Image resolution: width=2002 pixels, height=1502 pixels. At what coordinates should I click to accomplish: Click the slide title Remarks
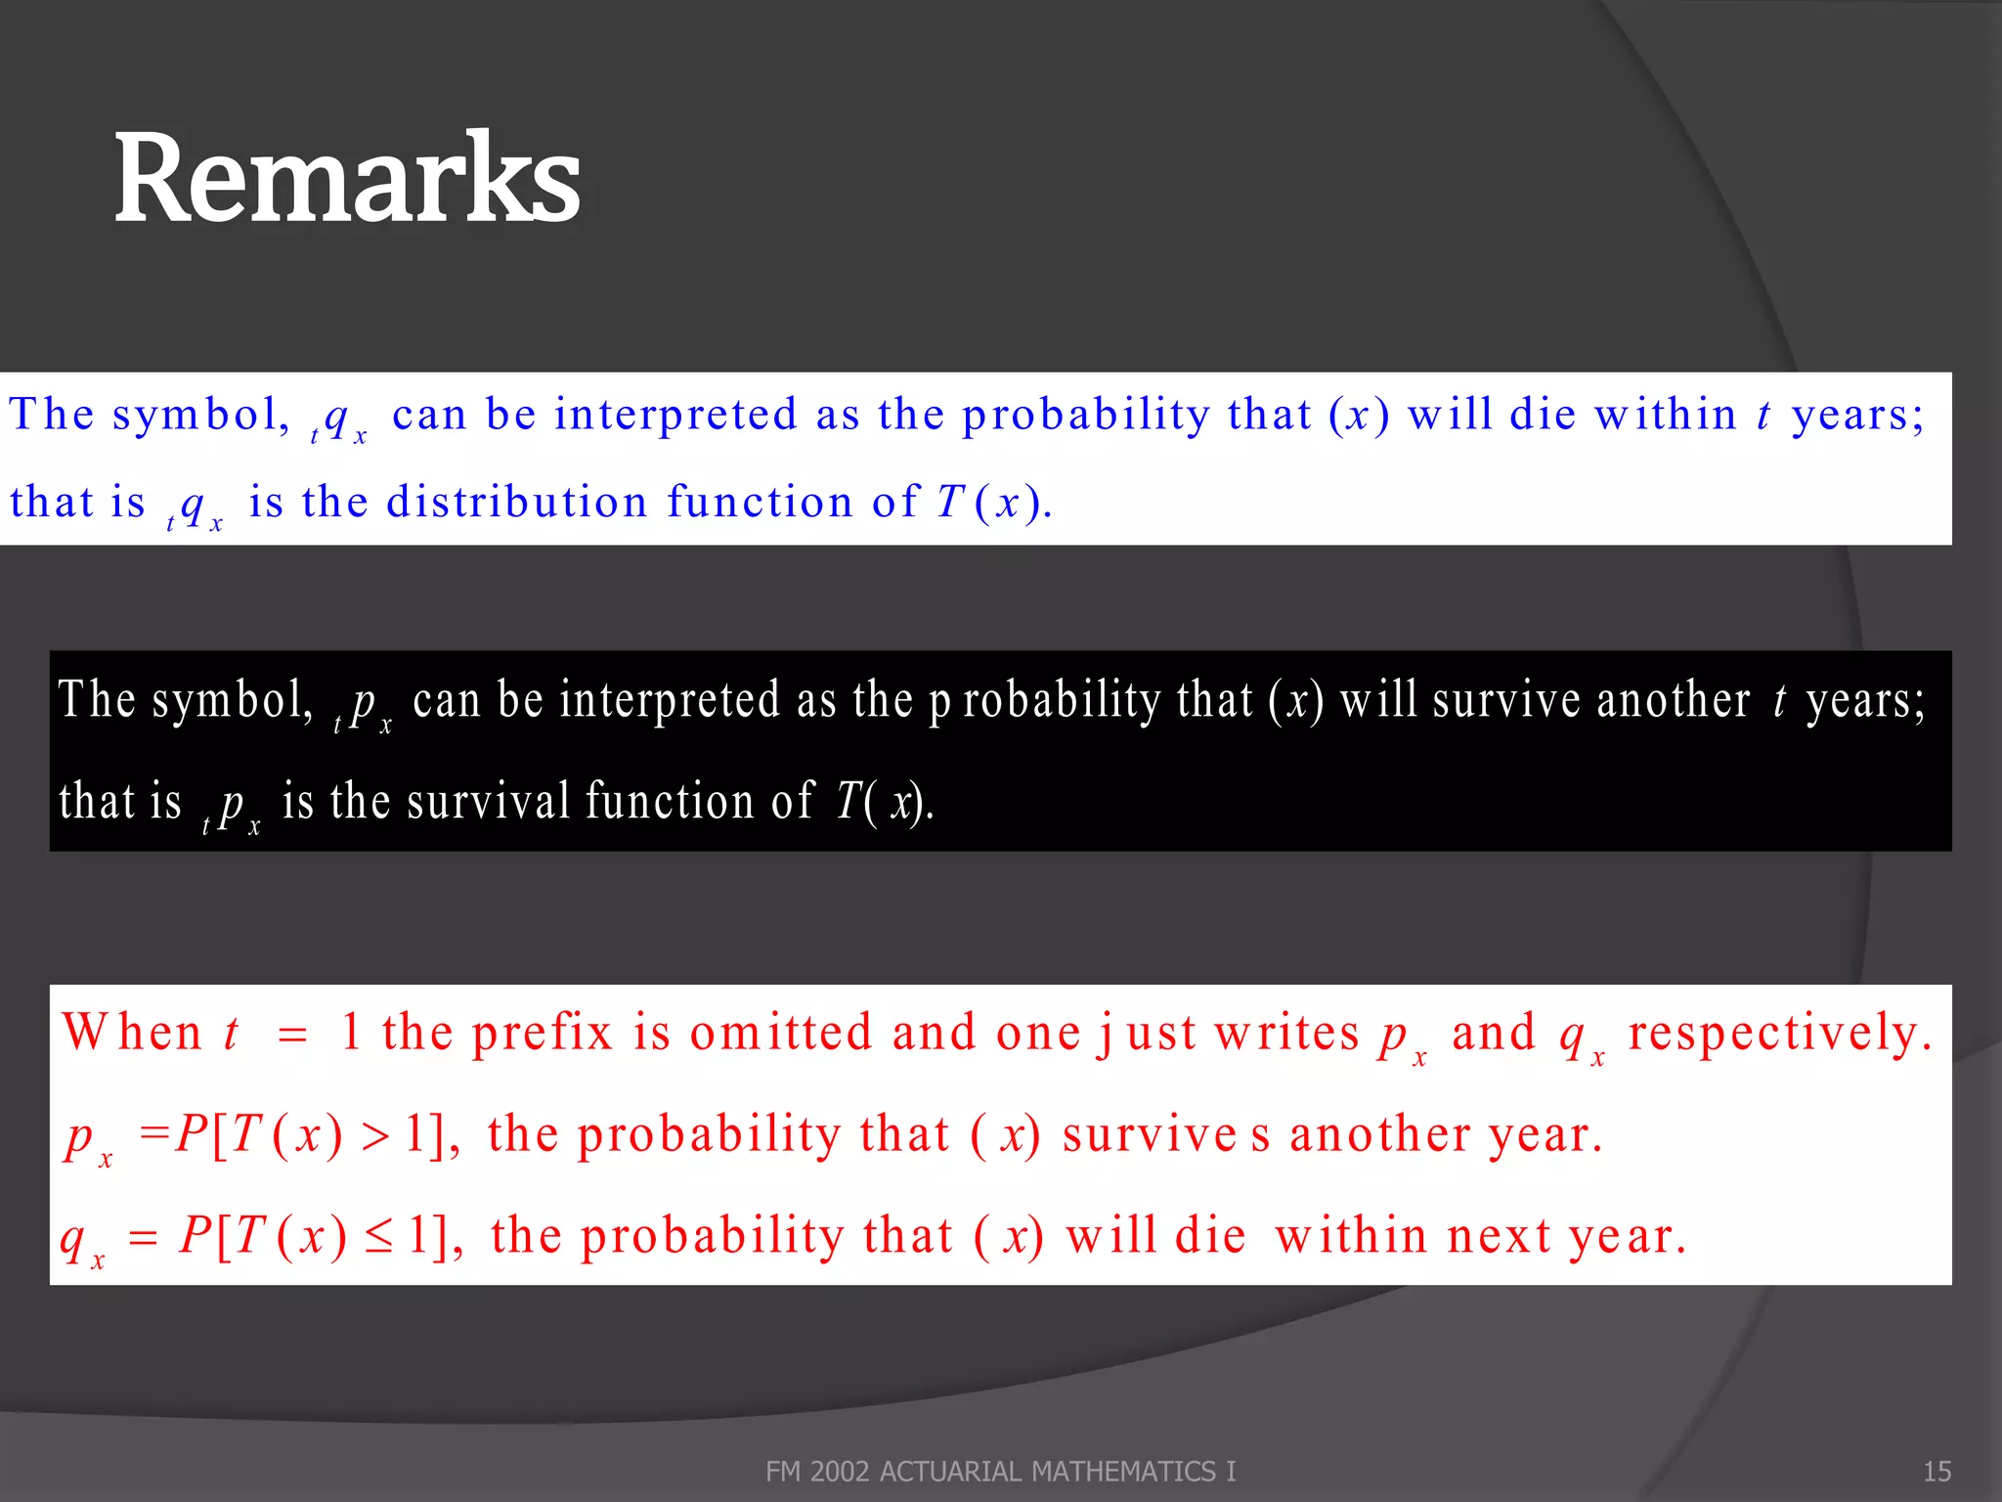(347, 179)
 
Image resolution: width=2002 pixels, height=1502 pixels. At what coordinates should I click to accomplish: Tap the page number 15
(1937, 1471)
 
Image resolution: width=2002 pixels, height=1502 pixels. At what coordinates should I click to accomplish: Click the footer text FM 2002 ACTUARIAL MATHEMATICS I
(1000, 1471)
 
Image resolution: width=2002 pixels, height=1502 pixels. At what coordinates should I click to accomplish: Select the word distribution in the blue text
(517, 502)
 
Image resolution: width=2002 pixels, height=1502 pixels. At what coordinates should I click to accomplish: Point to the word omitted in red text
(781, 1033)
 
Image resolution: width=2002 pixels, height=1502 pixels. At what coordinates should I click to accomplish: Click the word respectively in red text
(1779, 1033)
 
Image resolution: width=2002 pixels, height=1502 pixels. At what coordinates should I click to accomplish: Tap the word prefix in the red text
(542, 1033)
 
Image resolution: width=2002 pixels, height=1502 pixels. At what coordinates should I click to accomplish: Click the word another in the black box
(1673, 700)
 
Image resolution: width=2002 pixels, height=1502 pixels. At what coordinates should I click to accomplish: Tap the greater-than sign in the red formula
(375, 1136)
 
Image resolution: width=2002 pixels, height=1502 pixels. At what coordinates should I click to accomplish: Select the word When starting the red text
(132, 1033)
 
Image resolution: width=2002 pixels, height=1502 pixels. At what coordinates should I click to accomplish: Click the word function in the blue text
(761, 502)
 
